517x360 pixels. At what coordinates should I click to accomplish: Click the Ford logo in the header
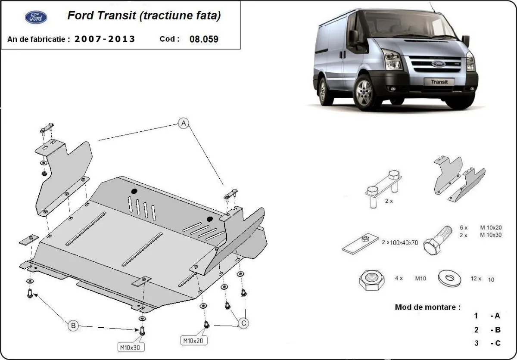coord(36,17)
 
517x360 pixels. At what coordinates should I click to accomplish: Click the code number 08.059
coord(204,39)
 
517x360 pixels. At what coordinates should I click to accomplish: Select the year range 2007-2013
coord(105,39)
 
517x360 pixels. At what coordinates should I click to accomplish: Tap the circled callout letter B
coord(73,326)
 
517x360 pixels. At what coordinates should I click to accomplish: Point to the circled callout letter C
coord(243,323)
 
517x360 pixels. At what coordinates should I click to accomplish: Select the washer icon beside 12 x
coord(449,279)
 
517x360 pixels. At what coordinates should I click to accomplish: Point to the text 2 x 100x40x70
coord(400,243)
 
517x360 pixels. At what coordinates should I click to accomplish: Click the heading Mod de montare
coord(427,307)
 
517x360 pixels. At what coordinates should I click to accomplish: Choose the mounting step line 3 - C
coord(487,343)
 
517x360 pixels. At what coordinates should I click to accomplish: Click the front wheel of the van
coord(366,92)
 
